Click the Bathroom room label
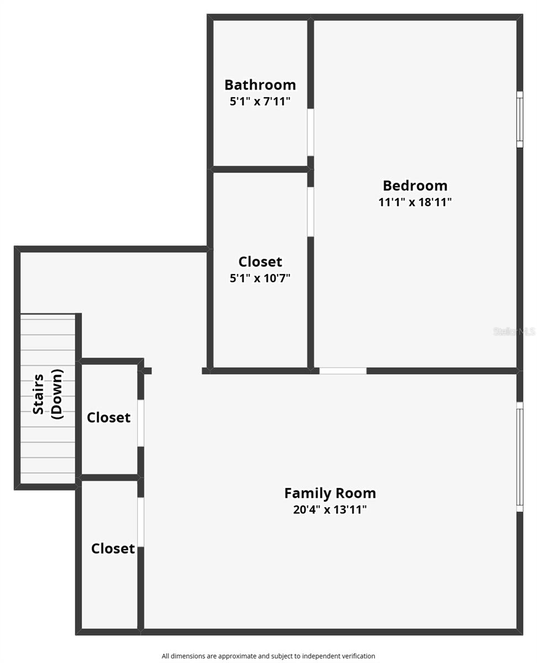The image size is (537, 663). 260,85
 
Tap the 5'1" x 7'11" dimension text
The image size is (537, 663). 260,102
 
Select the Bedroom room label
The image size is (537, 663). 415,185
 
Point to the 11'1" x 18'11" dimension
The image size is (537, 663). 415,202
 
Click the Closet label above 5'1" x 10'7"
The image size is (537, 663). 260,261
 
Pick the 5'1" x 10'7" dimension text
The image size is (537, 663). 260,278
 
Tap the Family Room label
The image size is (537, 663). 330,493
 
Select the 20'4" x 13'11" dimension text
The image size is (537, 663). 330,510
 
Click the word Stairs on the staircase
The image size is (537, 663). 39,394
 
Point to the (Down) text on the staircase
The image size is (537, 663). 56,394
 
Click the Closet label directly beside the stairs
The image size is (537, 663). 109,418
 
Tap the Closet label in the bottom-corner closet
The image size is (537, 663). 113,549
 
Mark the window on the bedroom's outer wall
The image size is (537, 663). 519,119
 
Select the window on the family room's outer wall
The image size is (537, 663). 519,457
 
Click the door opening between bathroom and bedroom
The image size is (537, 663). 311,132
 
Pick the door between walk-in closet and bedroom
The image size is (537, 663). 311,212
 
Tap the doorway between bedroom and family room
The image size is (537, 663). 343,371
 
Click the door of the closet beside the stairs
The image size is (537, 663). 141,423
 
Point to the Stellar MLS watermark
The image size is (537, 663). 514,331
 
